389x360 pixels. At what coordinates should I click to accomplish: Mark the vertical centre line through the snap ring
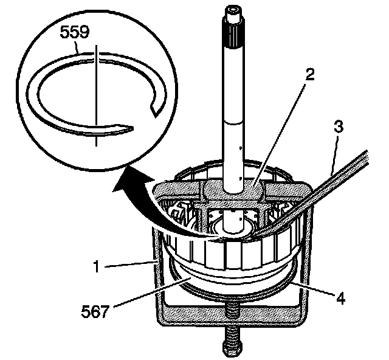[96, 91]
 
